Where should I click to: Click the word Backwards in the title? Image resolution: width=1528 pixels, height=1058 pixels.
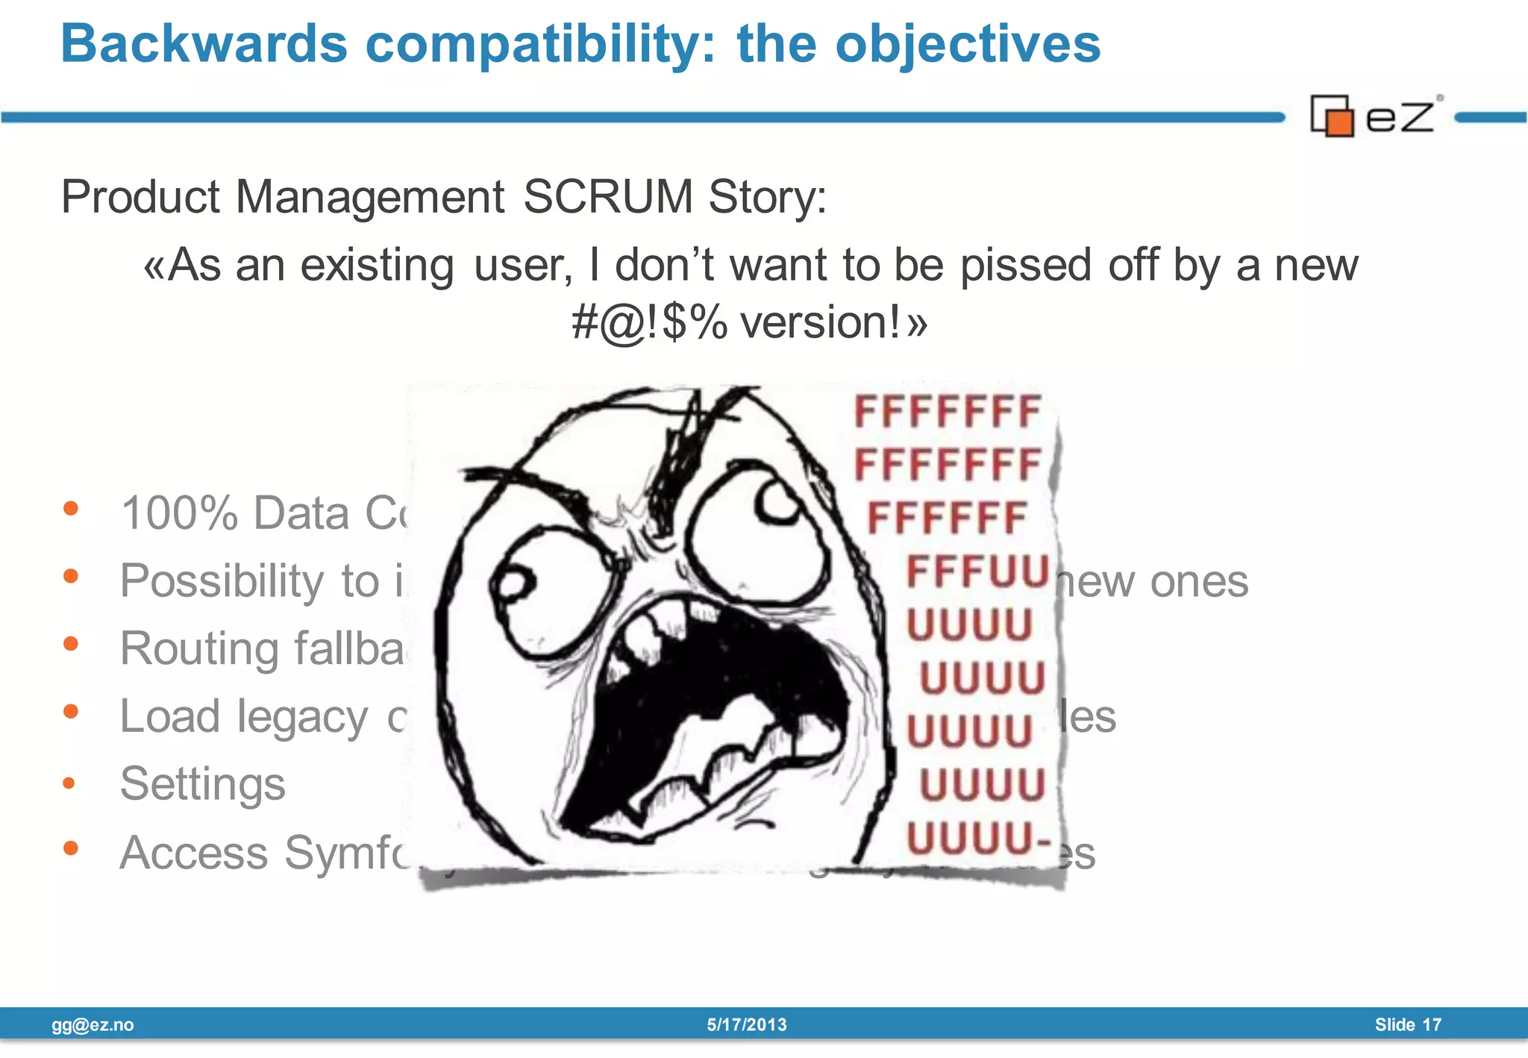point(204,43)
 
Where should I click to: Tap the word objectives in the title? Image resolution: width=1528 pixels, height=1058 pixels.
point(968,43)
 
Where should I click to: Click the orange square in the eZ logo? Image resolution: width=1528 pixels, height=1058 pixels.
point(1340,122)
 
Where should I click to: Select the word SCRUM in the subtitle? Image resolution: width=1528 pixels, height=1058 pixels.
point(608,197)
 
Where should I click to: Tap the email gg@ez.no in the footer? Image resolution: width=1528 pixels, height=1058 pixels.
point(93,1024)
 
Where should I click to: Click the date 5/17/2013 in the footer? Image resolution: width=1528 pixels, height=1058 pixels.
point(747,1024)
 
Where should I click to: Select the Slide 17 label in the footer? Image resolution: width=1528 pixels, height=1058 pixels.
point(1408,1024)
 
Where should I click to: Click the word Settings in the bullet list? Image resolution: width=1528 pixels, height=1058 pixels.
point(202,784)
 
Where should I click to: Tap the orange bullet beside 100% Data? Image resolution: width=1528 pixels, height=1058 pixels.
point(71,509)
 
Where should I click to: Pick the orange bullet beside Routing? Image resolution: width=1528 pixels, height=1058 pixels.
point(71,643)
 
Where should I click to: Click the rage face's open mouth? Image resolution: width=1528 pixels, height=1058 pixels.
point(716,709)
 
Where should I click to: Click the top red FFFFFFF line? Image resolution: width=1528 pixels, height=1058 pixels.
point(947,412)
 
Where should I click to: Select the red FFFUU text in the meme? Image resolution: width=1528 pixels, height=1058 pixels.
point(977,572)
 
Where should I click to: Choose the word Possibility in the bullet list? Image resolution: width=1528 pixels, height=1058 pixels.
point(222,581)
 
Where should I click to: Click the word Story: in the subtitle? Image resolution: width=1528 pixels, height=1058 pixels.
point(767,197)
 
